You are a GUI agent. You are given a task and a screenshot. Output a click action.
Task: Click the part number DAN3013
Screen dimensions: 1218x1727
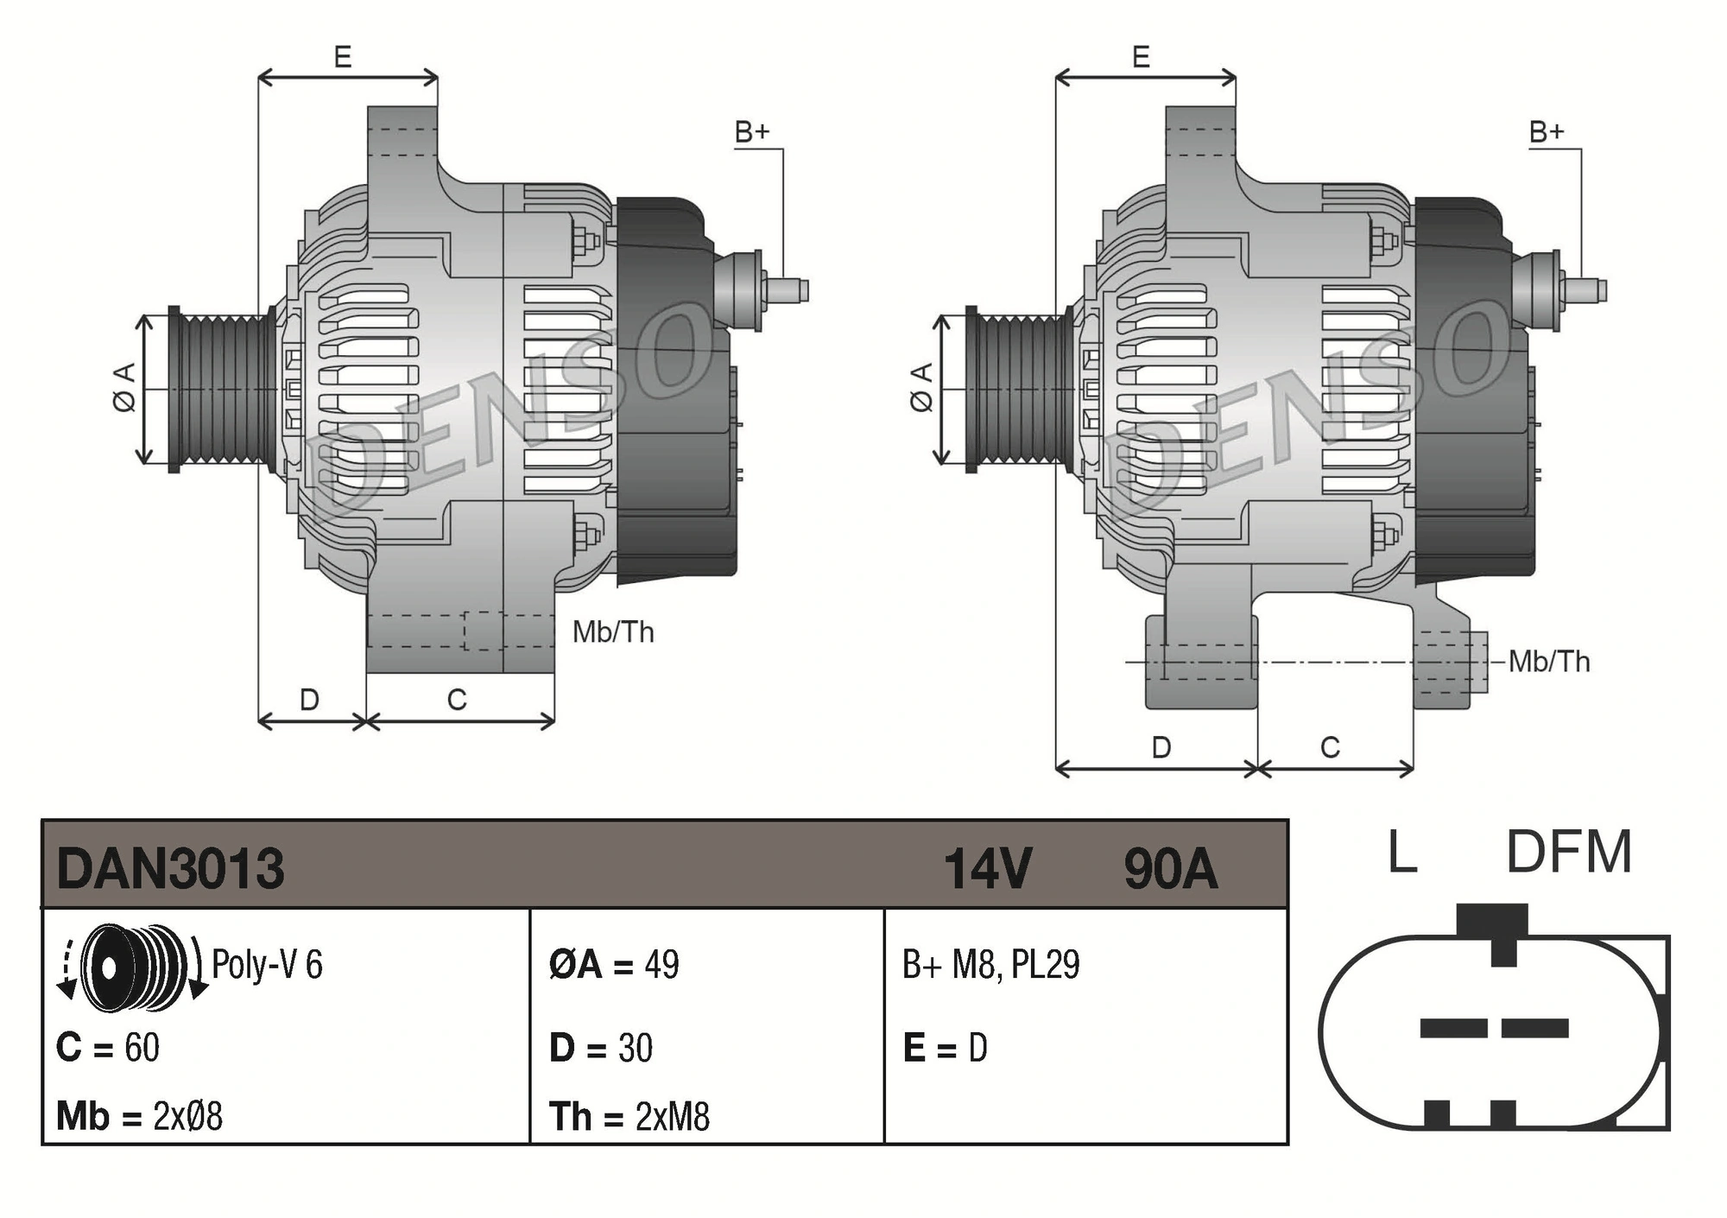click(x=170, y=868)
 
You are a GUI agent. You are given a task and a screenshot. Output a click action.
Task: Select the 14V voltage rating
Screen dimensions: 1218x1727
click(x=987, y=868)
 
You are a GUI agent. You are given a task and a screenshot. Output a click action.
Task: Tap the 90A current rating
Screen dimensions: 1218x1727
click(x=1170, y=868)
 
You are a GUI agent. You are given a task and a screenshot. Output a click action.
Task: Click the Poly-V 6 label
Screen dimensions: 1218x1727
click(x=267, y=965)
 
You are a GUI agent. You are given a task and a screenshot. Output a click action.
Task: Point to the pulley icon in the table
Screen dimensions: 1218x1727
click(x=134, y=967)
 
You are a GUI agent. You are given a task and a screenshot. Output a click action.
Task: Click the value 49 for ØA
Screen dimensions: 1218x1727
click(x=661, y=965)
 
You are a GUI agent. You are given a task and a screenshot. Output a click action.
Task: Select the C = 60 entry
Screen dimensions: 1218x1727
click(x=108, y=1048)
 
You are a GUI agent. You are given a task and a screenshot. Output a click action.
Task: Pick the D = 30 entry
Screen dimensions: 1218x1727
click(x=601, y=1048)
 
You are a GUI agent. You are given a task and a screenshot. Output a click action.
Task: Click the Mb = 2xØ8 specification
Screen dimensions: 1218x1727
click(x=139, y=1116)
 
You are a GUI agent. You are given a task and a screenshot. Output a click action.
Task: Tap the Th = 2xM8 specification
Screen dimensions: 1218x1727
click(x=629, y=1116)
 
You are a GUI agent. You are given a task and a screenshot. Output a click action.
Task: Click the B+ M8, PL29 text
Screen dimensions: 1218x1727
click(x=990, y=965)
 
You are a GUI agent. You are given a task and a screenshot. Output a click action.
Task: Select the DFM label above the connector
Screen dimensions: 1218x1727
click(x=1568, y=853)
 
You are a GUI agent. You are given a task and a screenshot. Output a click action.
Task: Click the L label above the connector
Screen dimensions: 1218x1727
click(x=1401, y=853)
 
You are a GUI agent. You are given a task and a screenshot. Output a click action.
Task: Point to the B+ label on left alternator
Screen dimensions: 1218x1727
click(x=751, y=132)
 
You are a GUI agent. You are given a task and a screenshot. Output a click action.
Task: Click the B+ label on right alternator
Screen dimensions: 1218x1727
click(x=1546, y=132)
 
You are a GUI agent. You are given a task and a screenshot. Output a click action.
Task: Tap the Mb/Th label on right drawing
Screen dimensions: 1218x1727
click(x=1549, y=662)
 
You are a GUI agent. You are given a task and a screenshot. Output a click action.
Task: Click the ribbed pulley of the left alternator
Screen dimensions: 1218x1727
click(x=220, y=390)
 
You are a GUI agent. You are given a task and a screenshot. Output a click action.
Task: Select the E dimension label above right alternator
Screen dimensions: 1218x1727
click(x=1141, y=58)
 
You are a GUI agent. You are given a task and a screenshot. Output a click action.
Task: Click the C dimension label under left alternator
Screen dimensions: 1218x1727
click(x=457, y=700)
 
